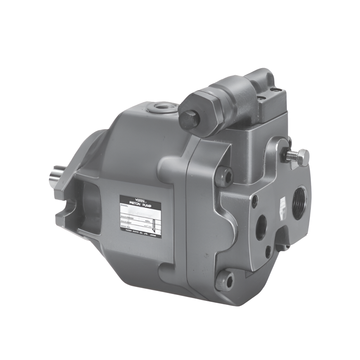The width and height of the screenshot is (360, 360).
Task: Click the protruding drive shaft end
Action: click(x=55, y=178)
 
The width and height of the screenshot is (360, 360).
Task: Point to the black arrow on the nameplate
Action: click(x=154, y=229)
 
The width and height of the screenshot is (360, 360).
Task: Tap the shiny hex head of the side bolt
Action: click(x=303, y=157)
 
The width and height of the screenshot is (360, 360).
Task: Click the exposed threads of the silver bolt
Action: click(x=291, y=155)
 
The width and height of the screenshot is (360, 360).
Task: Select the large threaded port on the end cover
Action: click(x=300, y=203)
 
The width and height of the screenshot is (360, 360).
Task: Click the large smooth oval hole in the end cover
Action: click(x=261, y=227)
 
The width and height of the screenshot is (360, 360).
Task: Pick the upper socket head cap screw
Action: click(x=224, y=177)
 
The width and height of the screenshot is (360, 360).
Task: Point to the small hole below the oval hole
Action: click(x=268, y=252)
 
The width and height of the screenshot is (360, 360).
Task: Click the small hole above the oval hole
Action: click(x=255, y=201)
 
